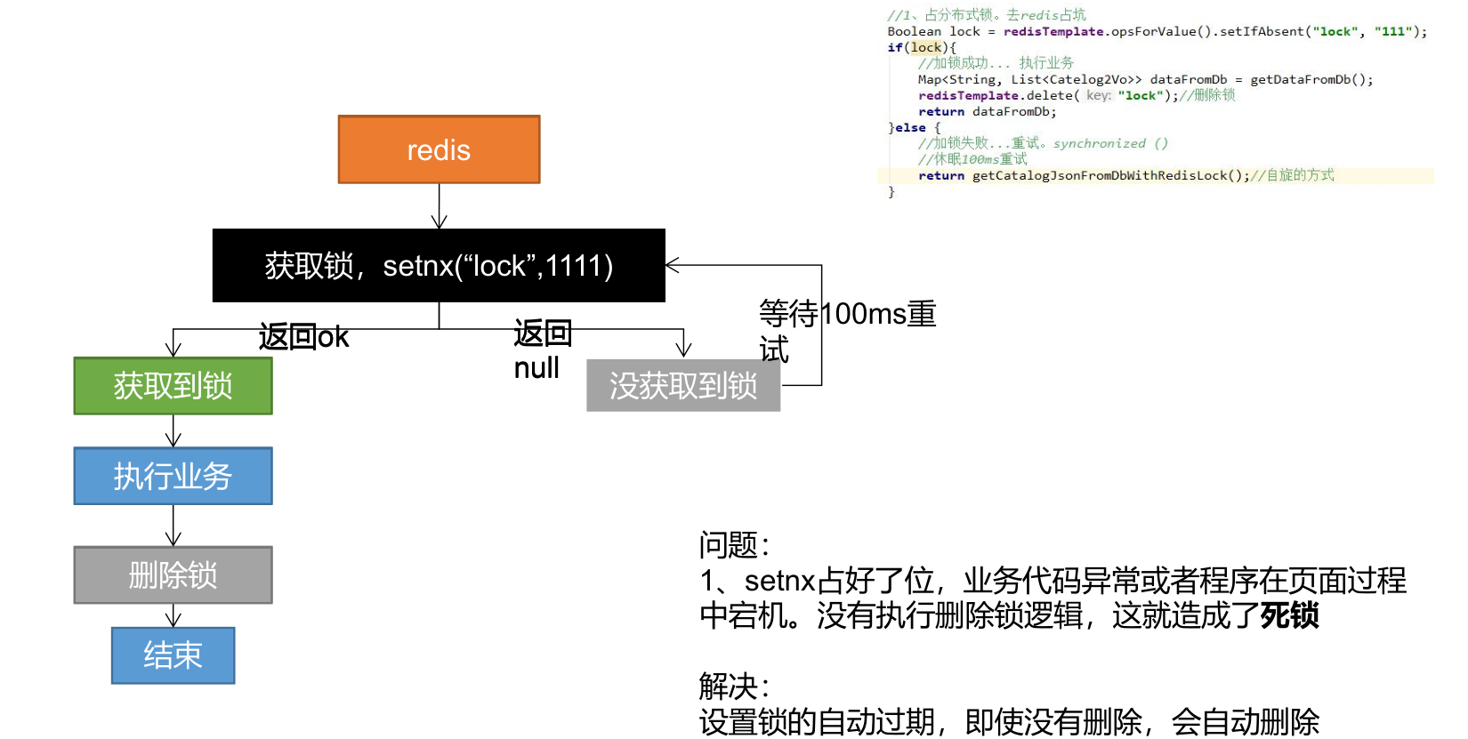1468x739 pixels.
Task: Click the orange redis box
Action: coord(439,149)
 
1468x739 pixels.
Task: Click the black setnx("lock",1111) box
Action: coord(439,265)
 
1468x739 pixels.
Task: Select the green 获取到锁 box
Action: coord(173,386)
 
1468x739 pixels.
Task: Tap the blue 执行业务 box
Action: coord(173,476)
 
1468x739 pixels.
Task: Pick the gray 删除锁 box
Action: coord(173,575)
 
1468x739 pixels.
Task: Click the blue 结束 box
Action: coord(173,655)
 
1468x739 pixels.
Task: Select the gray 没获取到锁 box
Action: coord(683,386)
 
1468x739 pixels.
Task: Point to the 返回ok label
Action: coord(303,337)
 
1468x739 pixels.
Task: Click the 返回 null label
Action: coord(541,350)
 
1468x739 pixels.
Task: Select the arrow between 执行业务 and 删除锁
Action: coord(173,526)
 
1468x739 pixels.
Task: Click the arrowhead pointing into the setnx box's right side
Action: coord(673,265)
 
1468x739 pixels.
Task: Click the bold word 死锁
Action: coord(1289,615)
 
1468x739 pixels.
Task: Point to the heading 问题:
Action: coord(734,544)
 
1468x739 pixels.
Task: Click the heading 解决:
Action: coord(734,687)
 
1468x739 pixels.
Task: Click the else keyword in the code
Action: coord(910,127)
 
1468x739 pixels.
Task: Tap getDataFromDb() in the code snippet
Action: coord(1311,79)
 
